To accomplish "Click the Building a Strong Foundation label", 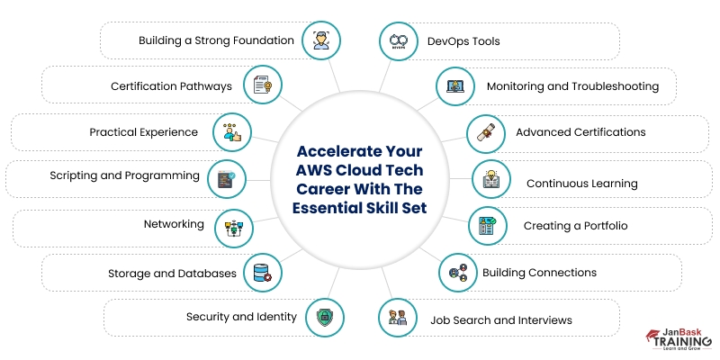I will (216, 40).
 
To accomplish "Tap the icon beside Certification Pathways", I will (263, 86).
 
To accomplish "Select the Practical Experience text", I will (143, 132).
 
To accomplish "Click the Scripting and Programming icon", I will (227, 177).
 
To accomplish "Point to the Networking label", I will (174, 224).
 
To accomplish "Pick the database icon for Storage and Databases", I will (264, 272).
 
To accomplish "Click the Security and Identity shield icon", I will (324, 316).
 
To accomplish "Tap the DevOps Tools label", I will (463, 41).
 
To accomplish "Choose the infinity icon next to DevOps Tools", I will (398, 41).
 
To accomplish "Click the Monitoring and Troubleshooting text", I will (572, 87).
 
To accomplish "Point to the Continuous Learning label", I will (581, 184).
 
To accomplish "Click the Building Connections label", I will (539, 273).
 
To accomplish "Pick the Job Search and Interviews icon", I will (398, 318).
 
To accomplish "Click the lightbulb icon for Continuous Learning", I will (492, 178).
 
